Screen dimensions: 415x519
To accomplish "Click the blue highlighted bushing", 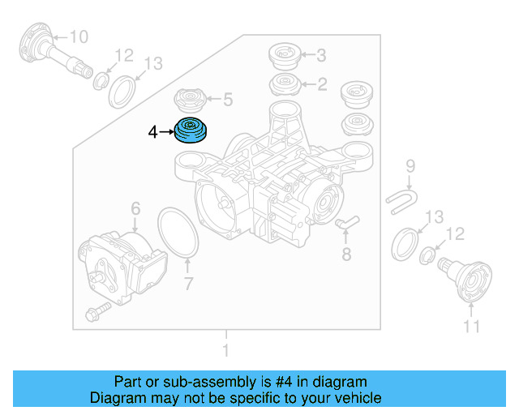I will tap(192, 130).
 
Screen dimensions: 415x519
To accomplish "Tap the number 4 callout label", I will tap(153, 130).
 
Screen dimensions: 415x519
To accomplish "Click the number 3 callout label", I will tap(321, 55).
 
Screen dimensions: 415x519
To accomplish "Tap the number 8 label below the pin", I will tap(346, 256).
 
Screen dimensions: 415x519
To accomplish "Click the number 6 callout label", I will tap(135, 208).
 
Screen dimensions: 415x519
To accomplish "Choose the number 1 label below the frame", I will tap(226, 351).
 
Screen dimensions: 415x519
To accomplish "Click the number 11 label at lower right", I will tap(471, 327).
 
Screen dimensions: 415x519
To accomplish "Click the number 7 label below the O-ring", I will tap(188, 284).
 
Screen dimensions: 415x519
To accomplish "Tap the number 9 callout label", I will tap(410, 166).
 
